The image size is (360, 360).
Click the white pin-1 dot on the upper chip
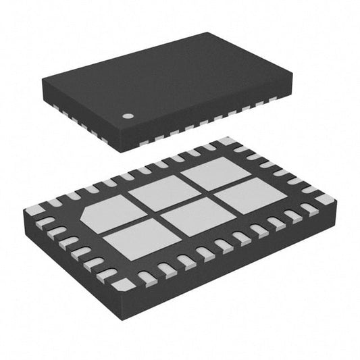point(126,115)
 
